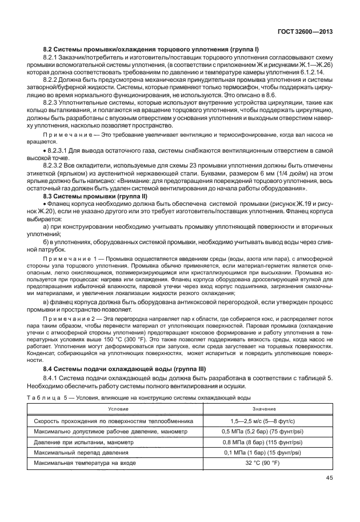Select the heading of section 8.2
click(151, 50)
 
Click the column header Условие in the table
click(119, 409)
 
